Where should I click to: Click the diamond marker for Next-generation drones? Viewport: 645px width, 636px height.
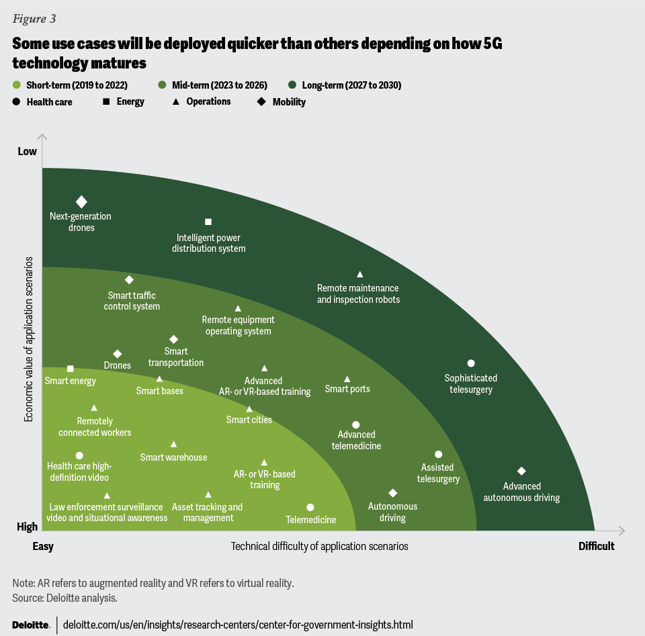81,201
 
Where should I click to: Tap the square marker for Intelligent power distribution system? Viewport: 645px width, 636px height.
208,222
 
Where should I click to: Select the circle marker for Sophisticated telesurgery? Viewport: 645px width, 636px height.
471,363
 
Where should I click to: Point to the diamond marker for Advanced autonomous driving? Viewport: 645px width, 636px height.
521,471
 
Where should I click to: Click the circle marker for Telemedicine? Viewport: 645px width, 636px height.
310,508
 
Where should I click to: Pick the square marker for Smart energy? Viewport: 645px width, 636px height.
71,369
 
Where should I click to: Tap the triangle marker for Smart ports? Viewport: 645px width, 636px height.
347,379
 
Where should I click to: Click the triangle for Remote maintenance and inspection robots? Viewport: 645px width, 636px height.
360,274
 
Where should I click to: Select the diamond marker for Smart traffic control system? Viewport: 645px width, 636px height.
129,279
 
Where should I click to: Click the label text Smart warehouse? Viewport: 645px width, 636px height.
173,457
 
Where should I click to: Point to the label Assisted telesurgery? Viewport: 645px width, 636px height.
438,473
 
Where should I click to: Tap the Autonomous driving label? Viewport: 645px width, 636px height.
392,512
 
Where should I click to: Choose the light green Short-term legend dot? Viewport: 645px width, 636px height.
17,85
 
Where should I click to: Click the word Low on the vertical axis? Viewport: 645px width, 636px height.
28,151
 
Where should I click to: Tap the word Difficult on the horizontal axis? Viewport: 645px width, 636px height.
596,546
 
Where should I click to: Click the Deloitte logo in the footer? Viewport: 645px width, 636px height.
31,625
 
